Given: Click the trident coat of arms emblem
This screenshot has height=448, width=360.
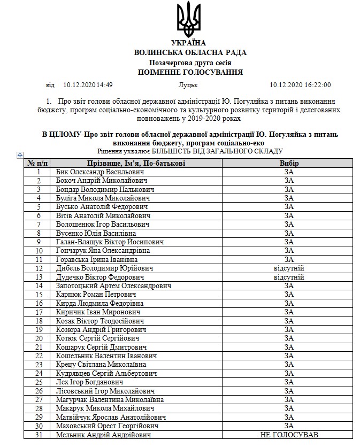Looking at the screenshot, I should (188, 19).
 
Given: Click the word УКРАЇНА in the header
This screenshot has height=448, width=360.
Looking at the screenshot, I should (188, 43).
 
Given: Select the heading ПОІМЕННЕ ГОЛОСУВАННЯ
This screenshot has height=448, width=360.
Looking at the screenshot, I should (190, 72).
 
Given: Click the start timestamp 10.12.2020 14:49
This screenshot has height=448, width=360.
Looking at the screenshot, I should (88, 85).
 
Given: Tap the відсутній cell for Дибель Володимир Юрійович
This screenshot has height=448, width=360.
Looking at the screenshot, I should (289, 268).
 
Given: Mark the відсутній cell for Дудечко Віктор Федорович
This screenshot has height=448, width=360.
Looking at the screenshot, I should (289, 277).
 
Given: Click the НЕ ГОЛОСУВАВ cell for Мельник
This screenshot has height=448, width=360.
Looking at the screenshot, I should (289, 435).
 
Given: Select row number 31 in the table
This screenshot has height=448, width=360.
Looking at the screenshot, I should (39, 435).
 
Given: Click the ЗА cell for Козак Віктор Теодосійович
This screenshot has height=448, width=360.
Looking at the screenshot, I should (289, 321).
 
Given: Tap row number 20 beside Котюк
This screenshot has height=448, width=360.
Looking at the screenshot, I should (39, 338).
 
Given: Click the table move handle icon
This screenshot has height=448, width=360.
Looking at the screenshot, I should (20, 155).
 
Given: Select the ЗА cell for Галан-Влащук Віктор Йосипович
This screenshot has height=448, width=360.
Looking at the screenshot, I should (289, 242).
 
